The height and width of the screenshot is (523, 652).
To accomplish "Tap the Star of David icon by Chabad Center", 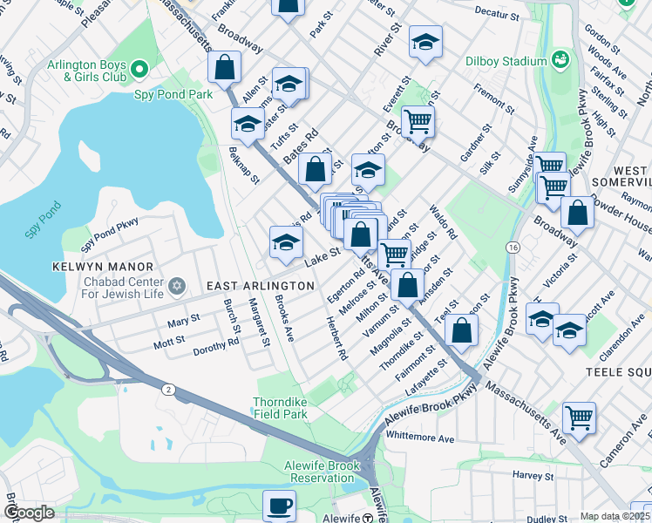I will [177, 286].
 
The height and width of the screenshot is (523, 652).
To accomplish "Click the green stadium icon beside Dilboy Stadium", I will [559, 60].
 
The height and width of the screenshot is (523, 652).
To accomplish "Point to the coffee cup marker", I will [279, 505].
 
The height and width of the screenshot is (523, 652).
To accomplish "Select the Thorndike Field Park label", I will [281, 408].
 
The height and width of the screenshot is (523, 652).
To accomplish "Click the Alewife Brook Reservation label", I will [322, 472].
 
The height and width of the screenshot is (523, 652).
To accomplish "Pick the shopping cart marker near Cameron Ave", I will [579, 418].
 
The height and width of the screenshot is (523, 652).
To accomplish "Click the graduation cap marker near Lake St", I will [285, 243].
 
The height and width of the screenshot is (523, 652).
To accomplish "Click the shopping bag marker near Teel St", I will [462, 330].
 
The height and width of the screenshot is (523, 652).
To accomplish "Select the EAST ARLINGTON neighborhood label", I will [260, 286].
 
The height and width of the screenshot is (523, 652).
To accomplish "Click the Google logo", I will [28, 513].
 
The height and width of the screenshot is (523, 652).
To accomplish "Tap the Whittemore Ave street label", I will [421, 438].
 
